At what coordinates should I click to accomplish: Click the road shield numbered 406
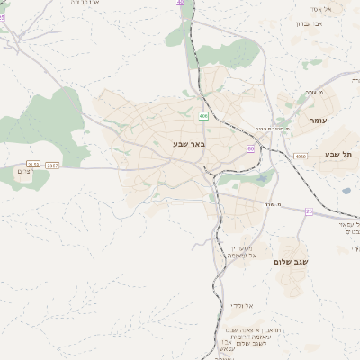(x=203, y=116)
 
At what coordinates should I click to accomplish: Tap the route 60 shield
(x=250, y=148)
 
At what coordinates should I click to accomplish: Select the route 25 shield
(x=309, y=211)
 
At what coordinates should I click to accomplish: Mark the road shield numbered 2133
(x=33, y=166)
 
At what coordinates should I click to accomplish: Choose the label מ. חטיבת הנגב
(x=273, y=128)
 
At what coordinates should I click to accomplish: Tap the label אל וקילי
(x=240, y=305)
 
